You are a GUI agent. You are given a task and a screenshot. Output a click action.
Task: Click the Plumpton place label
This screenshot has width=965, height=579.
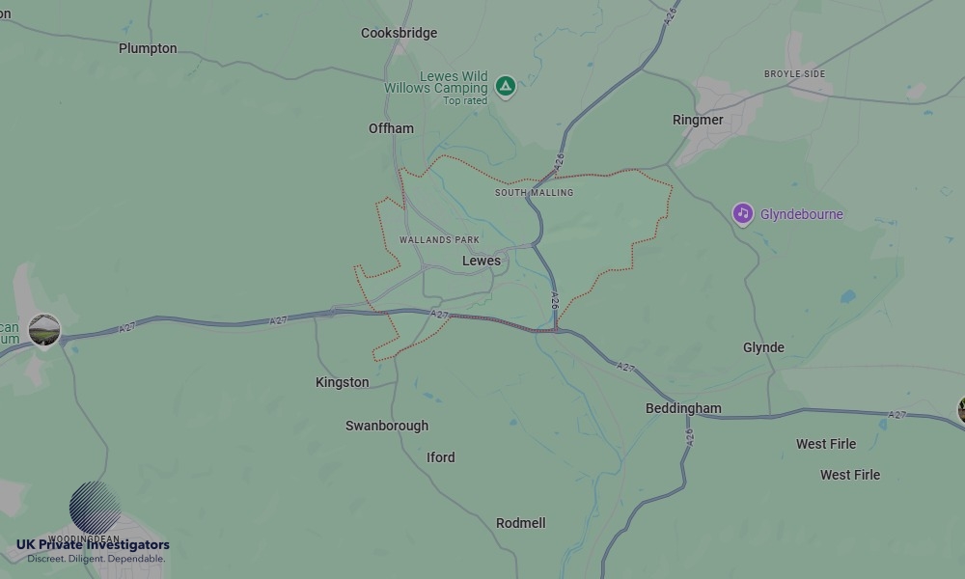tap(148, 48)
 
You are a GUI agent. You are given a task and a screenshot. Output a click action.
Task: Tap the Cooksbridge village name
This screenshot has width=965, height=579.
tap(399, 33)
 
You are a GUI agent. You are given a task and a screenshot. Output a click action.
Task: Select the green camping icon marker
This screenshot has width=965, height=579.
tap(505, 87)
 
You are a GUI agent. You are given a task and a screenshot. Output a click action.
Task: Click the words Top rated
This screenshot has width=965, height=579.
tap(465, 100)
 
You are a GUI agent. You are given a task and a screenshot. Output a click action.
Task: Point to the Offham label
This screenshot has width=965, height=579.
tap(391, 128)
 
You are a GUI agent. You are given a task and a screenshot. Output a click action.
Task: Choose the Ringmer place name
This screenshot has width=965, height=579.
tap(698, 120)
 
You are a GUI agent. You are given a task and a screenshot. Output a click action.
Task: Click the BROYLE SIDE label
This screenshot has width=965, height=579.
tap(794, 74)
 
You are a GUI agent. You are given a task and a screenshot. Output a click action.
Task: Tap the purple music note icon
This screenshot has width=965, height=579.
tap(742, 213)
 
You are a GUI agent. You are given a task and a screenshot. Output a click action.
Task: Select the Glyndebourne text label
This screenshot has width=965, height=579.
tap(802, 214)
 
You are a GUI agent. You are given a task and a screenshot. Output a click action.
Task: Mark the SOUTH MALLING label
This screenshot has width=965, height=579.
tap(534, 193)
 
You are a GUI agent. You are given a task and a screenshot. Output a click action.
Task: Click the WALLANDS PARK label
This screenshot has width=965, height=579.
tap(439, 239)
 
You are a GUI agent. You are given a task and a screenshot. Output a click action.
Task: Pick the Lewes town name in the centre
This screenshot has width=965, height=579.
tap(482, 261)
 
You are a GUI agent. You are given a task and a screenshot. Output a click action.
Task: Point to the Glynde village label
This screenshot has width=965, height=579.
tap(763, 347)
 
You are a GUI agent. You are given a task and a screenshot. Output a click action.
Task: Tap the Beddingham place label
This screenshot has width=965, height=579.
tap(683, 408)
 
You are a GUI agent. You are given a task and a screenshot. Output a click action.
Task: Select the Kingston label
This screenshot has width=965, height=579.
tap(342, 382)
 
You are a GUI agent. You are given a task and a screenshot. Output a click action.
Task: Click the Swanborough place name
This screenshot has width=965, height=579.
tap(387, 426)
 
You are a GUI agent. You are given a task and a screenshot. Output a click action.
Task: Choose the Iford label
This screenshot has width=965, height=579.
tap(440, 457)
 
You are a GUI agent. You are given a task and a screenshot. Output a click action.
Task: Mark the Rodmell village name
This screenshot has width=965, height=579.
tap(520, 523)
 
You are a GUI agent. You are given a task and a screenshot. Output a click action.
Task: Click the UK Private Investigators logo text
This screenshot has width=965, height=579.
tap(93, 545)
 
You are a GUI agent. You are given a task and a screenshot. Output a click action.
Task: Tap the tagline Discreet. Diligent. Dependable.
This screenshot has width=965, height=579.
tap(96, 559)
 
